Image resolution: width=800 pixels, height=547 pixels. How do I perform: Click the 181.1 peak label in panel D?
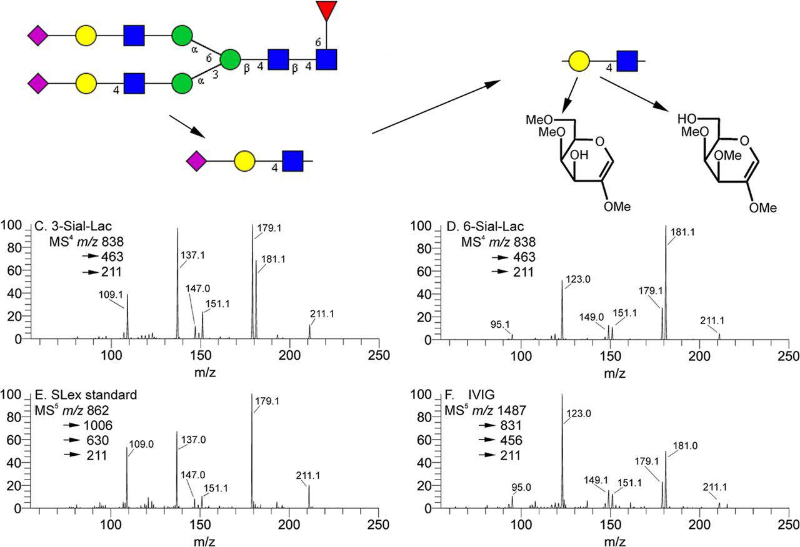coord(684,232)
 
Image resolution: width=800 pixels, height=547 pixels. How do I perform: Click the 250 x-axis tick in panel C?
coord(379,355)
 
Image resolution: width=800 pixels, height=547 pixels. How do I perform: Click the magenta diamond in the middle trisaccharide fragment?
coord(196,162)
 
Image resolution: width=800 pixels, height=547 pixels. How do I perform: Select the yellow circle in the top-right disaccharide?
coord(579,61)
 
